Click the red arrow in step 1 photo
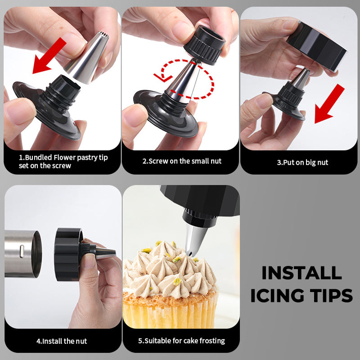coord(49,56)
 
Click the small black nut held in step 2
coord(204,44)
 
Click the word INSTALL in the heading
coord(301,273)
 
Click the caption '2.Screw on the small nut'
coord(182,161)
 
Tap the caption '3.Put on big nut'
coord(302,162)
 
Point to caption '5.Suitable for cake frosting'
coord(181,341)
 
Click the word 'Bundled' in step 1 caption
coord(38,157)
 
